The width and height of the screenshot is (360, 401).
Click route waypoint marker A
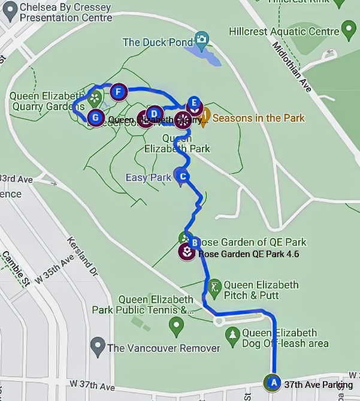pyautogui.click(x=273, y=381)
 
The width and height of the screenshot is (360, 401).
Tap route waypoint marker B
pyautogui.click(x=194, y=243)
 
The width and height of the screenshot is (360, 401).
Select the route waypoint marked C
pyautogui.click(x=183, y=176)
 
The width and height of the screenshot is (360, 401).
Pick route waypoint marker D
pyautogui.click(x=154, y=113)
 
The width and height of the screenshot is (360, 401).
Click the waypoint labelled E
pyautogui.click(x=193, y=102)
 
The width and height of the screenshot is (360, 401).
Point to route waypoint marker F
pyautogui.click(x=119, y=92)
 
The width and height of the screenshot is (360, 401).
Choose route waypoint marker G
pyautogui.click(x=94, y=116)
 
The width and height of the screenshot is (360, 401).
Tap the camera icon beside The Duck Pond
pyautogui.click(x=202, y=41)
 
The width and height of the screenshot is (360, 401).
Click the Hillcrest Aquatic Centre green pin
pyautogui.click(x=349, y=29)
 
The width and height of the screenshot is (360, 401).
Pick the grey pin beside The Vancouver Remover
pyautogui.click(x=97, y=346)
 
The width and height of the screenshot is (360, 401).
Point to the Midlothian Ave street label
pyautogui.click(x=293, y=66)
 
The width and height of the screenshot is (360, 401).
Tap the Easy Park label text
pyautogui.click(x=148, y=177)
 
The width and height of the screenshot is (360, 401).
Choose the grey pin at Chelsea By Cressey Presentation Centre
pyautogui.click(x=10, y=13)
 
